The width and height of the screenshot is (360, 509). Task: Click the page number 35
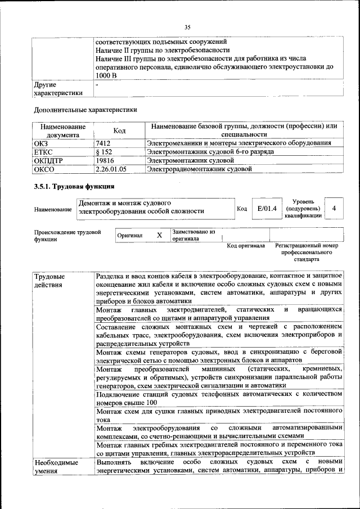[x=188, y=26]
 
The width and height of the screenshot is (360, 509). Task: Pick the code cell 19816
[x=106, y=160]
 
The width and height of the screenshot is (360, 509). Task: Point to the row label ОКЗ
[x=42, y=143]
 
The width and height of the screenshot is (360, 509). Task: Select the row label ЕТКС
[x=44, y=152]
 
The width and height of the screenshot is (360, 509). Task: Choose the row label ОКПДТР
[x=47, y=160]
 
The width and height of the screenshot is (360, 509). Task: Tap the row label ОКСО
[x=44, y=168]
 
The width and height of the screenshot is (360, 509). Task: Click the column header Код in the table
[x=119, y=130]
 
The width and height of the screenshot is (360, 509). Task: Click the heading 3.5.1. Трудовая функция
[x=74, y=187]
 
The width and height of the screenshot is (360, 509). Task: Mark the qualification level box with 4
[x=334, y=209]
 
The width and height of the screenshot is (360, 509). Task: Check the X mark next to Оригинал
[x=159, y=235]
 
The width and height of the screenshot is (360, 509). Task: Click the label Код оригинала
[x=246, y=246]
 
